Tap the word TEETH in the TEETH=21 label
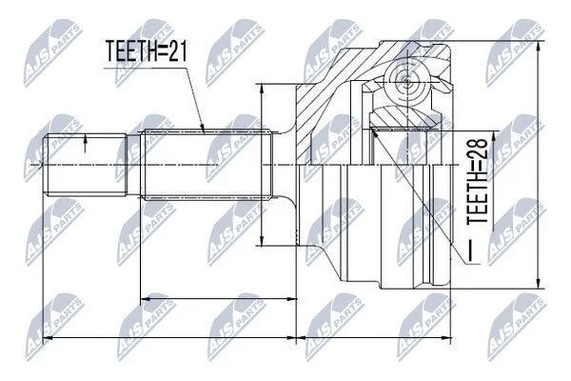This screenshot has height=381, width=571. (131, 50)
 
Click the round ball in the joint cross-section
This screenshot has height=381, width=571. (407, 81)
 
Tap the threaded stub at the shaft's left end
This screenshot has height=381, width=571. (86, 165)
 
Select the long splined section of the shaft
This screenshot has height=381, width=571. (207, 165)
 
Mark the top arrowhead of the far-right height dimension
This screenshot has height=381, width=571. (539, 45)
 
